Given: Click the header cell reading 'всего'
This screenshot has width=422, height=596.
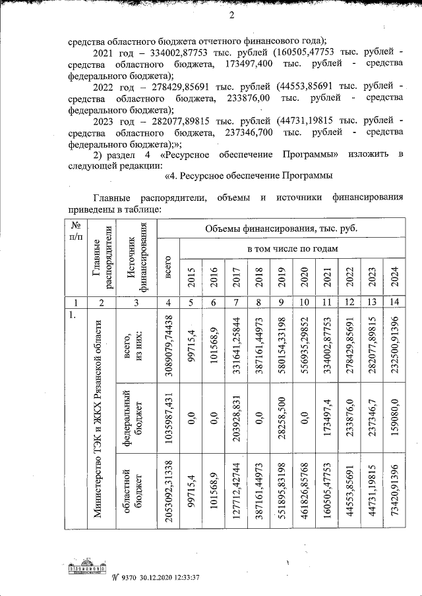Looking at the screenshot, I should click(167, 271).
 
